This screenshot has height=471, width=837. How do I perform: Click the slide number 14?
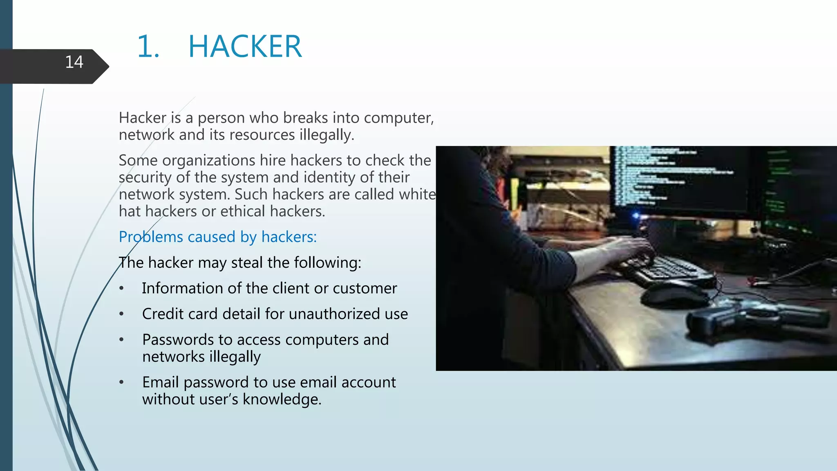(74, 62)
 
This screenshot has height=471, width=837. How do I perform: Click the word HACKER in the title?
(245, 47)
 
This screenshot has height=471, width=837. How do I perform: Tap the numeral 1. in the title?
(148, 47)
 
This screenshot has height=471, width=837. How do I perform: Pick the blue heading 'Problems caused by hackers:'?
(217, 237)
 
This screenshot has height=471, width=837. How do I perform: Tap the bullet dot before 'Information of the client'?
(121, 288)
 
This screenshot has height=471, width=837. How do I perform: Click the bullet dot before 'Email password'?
(121, 383)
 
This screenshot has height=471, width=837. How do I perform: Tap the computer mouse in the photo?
(674, 295)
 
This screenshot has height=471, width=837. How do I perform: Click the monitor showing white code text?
(678, 180)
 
